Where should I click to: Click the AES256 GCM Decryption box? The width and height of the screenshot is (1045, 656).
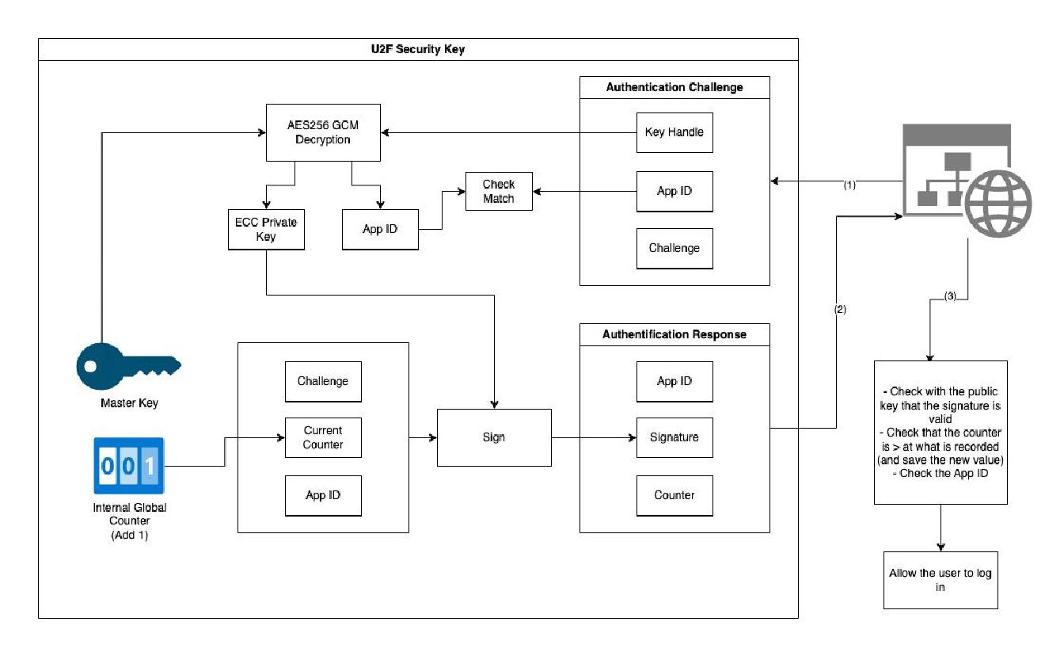(323, 132)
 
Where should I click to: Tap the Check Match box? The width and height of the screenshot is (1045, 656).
(499, 192)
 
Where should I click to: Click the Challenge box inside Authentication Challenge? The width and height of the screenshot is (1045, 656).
(674, 248)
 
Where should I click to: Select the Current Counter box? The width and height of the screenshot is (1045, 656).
(323, 438)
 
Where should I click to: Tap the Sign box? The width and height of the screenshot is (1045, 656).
(494, 437)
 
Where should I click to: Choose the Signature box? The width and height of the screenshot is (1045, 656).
(674, 437)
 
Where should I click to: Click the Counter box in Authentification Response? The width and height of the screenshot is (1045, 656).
(674, 495)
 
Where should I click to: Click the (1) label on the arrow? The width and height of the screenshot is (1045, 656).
(849, 185)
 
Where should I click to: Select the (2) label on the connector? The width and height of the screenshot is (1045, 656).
(840, 310)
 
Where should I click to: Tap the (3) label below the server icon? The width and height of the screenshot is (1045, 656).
(951, 296)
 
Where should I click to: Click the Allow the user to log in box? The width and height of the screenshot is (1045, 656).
(940, 580)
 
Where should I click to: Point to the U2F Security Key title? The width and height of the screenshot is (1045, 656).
(418, 49)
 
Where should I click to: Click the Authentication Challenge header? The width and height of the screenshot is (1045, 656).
(674, 87)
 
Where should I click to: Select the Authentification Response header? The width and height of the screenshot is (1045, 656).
(674, 334)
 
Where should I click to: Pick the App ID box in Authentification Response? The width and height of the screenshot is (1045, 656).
(674, 381)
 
